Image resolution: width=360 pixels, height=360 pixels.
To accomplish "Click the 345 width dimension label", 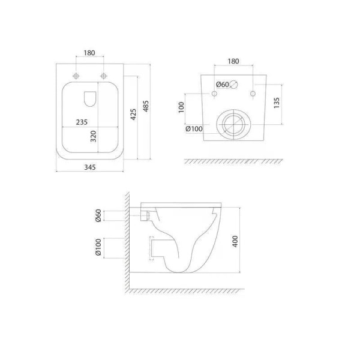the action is coord(90,167).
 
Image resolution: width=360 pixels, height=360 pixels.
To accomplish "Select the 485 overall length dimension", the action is coord(146,106).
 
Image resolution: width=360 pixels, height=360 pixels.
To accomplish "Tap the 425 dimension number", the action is coord(133,114).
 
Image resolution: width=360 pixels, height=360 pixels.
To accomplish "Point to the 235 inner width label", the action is coord(82,122).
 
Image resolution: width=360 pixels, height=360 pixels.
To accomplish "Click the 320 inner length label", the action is coord(93,136).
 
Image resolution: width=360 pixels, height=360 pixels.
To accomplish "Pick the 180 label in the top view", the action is coord(89,53).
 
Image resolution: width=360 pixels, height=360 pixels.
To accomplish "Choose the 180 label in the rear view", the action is coord(233,61).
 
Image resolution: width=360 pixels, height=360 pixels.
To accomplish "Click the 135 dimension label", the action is coord(277,103).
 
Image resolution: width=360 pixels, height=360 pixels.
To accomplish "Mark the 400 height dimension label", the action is coord(235,241).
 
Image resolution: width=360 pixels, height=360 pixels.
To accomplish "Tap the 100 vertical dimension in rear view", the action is coord(181,107).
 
